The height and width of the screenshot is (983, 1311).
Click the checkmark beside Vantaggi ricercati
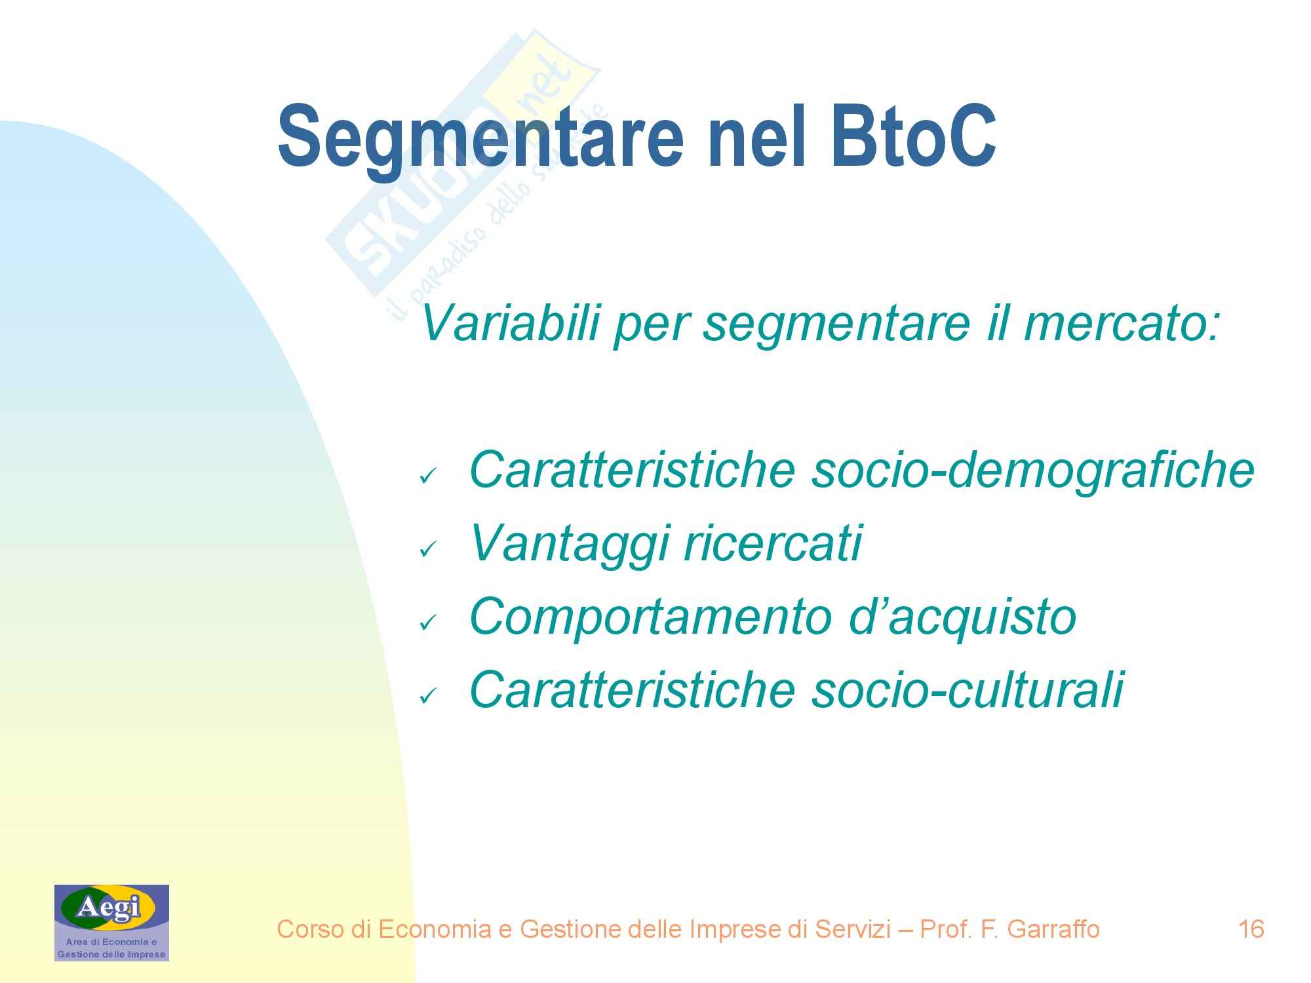coord(427,549)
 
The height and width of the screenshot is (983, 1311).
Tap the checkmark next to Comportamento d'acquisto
coord(427,623)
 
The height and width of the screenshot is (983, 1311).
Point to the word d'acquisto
coord(962,617)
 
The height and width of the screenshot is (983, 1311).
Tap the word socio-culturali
coord(968,689)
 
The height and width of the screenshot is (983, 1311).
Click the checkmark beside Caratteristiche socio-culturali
coord(427,696)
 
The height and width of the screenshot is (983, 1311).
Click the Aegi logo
coord(111,923)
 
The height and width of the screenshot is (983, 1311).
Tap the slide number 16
coord(1251,929)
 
